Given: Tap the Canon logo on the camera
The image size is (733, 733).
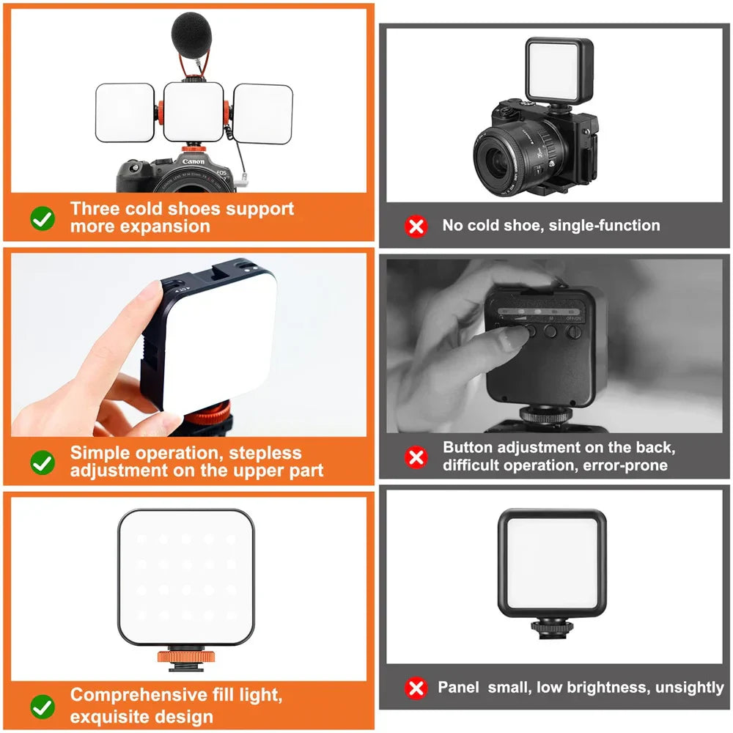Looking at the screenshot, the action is tap(194, 162).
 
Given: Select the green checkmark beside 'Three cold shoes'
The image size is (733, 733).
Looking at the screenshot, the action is tap(43, 218).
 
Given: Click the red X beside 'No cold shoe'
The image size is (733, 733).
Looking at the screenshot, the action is tap(416, 226).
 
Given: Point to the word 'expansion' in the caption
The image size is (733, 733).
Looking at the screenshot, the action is tap(165, 226).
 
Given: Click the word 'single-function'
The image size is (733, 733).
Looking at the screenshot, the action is tap(604, 225).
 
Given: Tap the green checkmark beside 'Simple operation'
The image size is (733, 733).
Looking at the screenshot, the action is tap(43, 463).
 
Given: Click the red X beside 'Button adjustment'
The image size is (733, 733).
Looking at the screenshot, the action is tap(416, 457).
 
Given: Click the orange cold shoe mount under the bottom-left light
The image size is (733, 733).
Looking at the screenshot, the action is tap(186, 658).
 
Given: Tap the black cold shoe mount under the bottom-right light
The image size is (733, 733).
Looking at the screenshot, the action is tap(552, 629).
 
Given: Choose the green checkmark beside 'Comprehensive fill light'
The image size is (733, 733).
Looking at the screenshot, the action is tap(43, 707).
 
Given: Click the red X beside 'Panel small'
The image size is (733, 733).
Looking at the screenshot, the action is tap(416, 688).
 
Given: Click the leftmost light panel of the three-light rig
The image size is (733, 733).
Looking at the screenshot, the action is tap(125, 113).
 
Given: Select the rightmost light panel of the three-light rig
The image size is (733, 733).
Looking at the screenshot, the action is tap(262, 114).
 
